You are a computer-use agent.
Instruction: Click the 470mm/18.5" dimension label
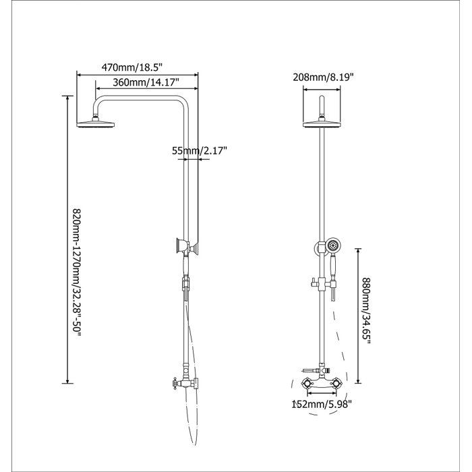133,67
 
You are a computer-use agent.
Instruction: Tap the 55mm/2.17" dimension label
200,151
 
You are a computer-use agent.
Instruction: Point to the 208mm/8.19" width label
323,77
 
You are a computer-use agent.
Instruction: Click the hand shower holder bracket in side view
182,246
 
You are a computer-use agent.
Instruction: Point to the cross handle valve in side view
177,384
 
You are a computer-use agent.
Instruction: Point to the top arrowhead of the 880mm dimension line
357,247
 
